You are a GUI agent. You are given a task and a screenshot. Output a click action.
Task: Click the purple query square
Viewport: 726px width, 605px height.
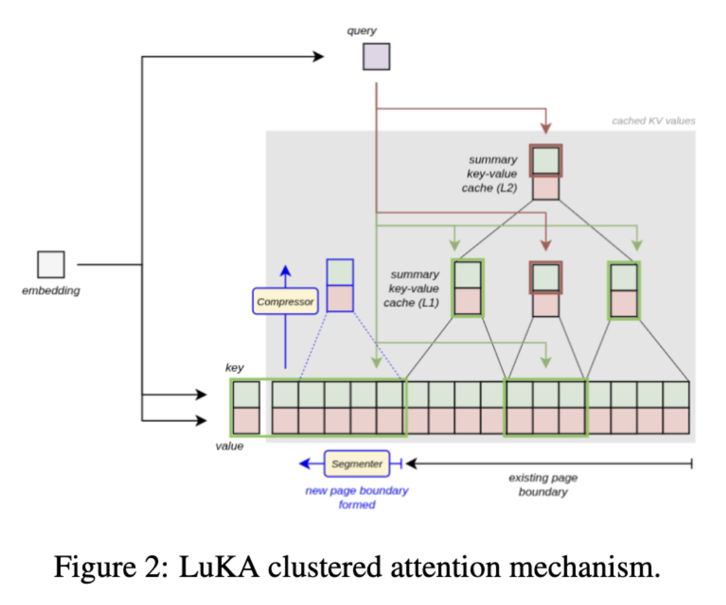click(x=376, y=56)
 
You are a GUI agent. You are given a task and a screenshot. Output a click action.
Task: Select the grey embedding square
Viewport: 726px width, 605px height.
click(x=50, y=264)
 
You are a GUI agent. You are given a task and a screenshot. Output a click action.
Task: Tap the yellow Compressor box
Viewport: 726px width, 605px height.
click(x=285, y=301)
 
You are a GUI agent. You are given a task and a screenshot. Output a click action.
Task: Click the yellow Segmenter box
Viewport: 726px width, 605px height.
click(x=357, y=463)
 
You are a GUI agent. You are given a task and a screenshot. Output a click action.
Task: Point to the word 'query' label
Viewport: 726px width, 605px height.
click(x=362, y=30)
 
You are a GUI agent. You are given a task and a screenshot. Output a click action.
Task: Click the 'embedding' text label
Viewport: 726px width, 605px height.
click(x=51, y=291)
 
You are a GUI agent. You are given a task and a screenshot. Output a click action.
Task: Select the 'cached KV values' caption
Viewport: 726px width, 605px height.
click(x=654, y=121)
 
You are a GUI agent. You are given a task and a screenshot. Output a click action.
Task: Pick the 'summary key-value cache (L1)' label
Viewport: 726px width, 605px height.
click(x=414, y=289)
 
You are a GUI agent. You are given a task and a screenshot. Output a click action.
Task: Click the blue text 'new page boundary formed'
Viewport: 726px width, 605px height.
click(x=357, y=497)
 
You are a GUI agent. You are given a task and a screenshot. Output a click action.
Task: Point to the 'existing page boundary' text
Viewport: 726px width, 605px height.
click(x=543, y=485)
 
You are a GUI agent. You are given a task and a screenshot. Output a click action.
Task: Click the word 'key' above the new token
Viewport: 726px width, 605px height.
click(x=234, y=368)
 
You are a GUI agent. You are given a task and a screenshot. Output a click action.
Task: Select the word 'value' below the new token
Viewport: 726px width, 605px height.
click(x=230, y=446)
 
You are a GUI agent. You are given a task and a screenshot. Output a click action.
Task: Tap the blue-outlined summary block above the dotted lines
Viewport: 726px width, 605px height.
click(x=340, y=285)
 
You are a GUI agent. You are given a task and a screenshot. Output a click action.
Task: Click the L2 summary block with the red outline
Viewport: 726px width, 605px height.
click(x=546, y=172)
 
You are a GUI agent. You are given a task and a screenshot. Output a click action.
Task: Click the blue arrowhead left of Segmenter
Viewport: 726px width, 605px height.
click(x=303, y=463)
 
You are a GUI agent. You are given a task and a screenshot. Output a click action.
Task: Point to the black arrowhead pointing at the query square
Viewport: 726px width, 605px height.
click(x=318, y=57)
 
